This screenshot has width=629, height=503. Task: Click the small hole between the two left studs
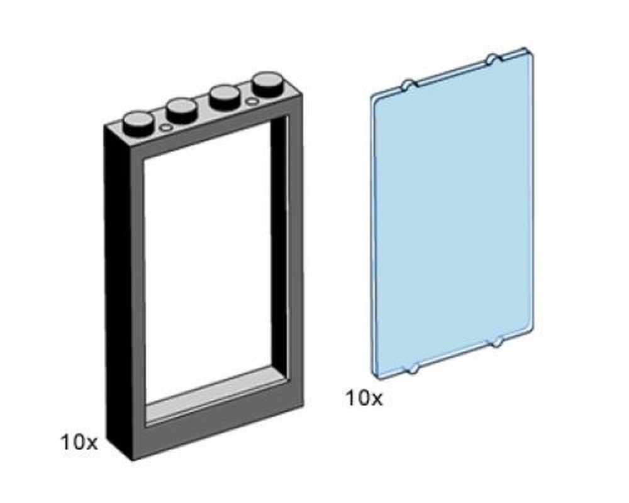166,128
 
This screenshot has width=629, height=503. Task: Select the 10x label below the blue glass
363,398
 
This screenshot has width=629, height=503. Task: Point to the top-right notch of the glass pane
492,60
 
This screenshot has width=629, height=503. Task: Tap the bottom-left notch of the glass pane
413,369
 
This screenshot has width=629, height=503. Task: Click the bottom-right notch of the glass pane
497,343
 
